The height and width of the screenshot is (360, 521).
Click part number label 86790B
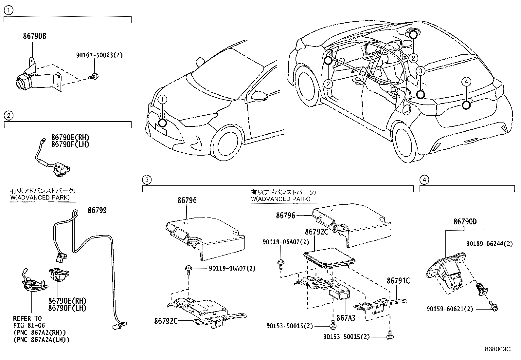click(x=34, y=36)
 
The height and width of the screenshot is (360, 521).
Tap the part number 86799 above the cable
click(x=97, y=210)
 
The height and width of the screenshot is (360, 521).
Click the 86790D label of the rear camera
click(x=465, y=222)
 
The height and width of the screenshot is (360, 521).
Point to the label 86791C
click(x=398, y=281)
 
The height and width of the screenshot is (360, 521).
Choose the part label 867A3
click(x=346, y=317)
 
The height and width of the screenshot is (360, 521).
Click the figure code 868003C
click(x=497, y=349)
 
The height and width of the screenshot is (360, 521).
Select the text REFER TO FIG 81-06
click(x=29, y=322)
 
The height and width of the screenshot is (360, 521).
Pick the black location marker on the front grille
click(x=162, y=123)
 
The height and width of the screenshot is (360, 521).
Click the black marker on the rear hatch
click(x=467, y=105)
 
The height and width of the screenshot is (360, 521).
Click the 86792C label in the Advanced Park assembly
click(x=316, y=232)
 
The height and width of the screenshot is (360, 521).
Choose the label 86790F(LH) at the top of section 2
click(x=70, y=144)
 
